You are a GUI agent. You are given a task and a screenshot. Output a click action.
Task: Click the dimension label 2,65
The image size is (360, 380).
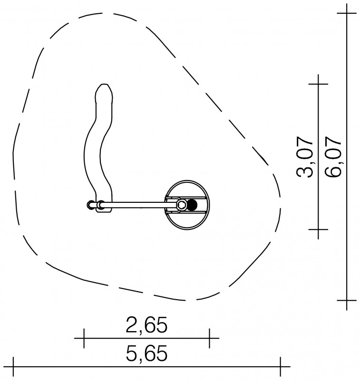[146, 325]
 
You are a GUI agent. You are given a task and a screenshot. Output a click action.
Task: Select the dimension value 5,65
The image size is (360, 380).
[146, 353]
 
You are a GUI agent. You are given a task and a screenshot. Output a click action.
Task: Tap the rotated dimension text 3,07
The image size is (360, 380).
[305, 157]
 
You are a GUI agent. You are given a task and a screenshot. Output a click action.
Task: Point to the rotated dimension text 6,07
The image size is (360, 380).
[333, 157]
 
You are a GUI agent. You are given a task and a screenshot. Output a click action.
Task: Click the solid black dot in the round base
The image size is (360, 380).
[192, 205]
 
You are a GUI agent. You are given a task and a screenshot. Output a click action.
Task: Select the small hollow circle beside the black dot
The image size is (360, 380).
[182, 205]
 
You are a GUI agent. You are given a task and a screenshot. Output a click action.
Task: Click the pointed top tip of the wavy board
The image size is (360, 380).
[104, 85]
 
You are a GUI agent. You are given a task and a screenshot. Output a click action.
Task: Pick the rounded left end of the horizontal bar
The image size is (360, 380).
[88, 205]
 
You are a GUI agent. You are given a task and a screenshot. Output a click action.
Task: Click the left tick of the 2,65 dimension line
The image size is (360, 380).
[84, 338]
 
